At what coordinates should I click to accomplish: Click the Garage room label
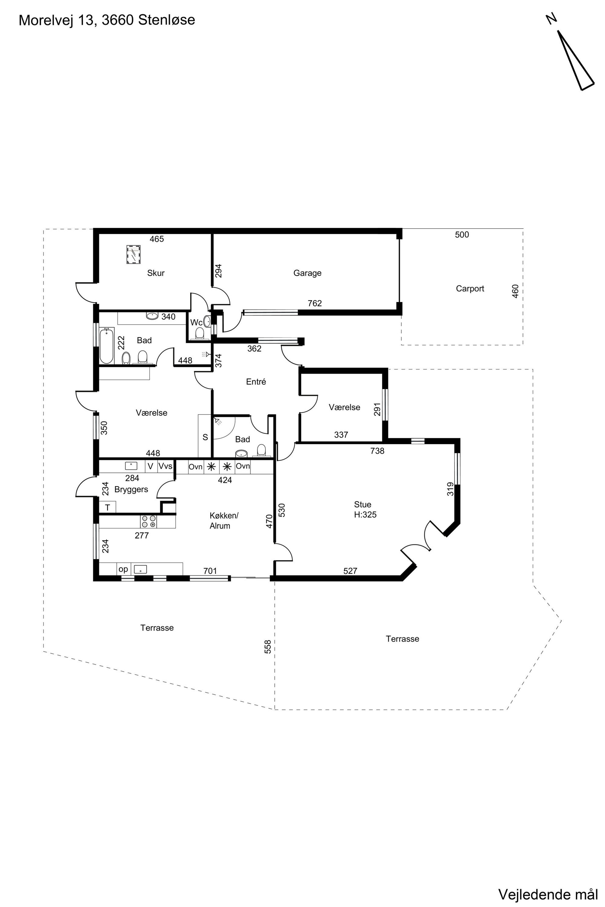click(x=307, y=273)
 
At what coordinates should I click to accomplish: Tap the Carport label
click(x=470, y=288)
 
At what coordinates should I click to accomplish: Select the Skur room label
click(x=156, y=273)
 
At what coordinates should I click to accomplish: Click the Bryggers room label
click(x=131, y=490)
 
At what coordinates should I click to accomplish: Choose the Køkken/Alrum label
click(x=224, y=521)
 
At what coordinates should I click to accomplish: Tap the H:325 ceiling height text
click(x=365, y=514)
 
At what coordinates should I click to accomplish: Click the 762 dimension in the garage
click(x=314, y=304)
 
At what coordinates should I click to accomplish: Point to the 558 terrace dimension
click(x=268, y=647)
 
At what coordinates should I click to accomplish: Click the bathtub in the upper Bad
click(x=106, y=346)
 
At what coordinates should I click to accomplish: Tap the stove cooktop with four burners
click(x=149, y=521)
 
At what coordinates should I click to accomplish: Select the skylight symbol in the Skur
click(x=133, y=254)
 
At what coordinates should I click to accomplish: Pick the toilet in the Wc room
click(x=199, y=333)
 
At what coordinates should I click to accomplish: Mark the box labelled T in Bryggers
click(x=108, y=507)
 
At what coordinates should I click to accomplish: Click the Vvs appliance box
click(x=166, y=466)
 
